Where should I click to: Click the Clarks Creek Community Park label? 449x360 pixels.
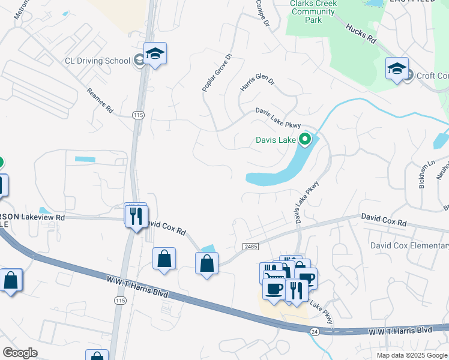[313, 11]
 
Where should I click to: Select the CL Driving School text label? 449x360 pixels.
[98, 61]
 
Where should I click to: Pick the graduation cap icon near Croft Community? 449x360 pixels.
[397, 69]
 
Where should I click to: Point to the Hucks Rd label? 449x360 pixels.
[360, 34]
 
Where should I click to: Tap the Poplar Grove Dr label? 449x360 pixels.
[217, 73]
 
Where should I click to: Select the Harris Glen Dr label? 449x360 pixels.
[257, 83]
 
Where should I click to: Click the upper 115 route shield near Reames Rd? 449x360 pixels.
[138, 115]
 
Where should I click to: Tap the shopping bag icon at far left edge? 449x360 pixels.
[11, 280]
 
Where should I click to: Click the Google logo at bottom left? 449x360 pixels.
[20, 352]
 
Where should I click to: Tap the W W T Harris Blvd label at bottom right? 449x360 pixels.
[400, 330]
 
